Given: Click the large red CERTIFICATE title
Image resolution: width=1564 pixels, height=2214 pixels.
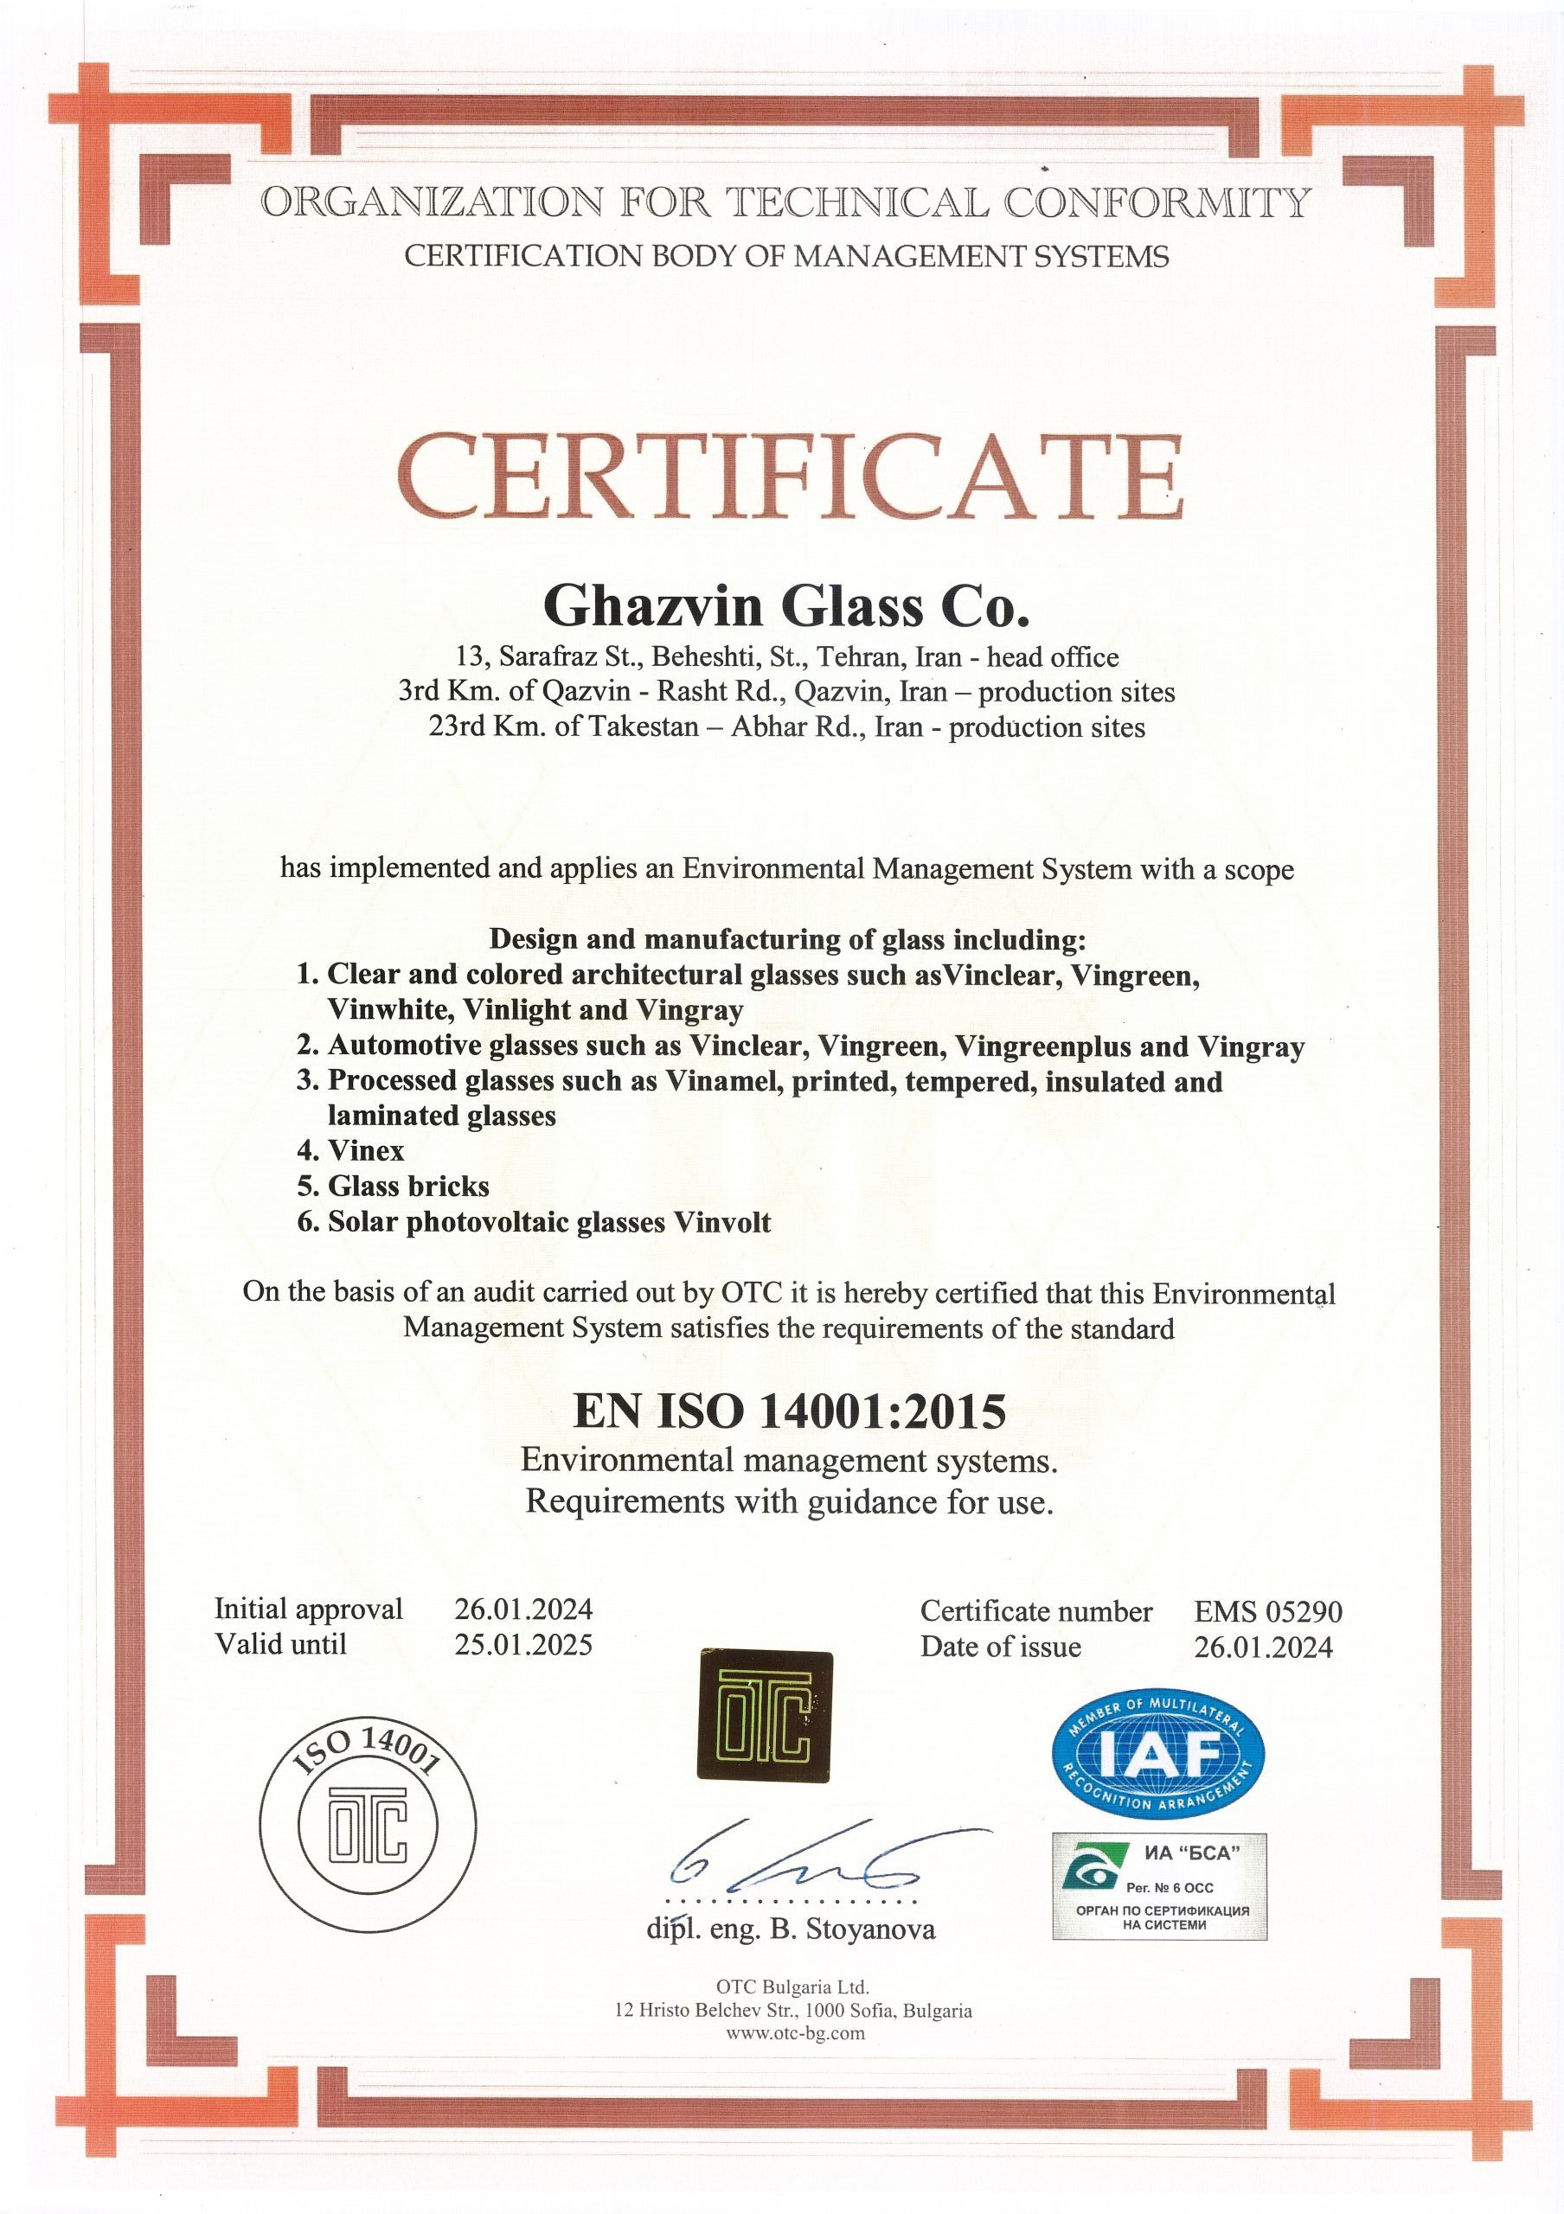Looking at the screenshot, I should [789, 477].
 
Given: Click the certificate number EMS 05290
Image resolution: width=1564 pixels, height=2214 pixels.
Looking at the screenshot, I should [1267, 1611].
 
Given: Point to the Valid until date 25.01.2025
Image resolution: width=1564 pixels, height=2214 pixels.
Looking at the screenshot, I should [523, 1644].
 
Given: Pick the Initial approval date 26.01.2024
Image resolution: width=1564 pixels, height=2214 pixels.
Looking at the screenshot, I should [523, 1609].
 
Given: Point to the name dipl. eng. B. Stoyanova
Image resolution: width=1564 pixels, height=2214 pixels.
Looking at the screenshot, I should [791, 1929].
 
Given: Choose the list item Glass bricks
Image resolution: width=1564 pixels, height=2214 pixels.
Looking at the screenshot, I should [408, 1186].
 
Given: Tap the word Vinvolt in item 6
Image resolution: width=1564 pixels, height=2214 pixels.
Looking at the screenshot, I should [722, 1223].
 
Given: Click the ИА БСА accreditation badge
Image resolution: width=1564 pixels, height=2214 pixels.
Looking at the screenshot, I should [1159, 1887].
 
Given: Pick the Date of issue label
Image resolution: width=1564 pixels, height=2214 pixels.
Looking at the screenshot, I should [1000, 1647].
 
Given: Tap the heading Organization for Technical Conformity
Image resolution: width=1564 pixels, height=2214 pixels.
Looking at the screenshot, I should [785, 202].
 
